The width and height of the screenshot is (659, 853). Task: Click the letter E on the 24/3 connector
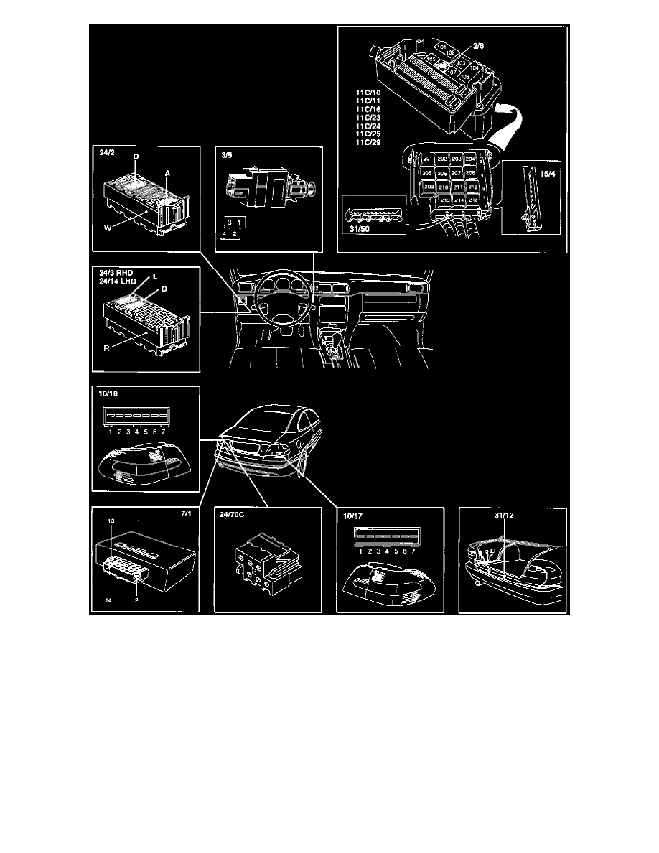click(x=154, y=276)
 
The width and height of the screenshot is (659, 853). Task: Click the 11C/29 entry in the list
click(x=370, y=142)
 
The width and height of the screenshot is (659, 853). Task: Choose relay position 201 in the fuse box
click(x=427, y=159)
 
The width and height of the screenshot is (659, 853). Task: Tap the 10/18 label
click(x=104, y=394)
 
